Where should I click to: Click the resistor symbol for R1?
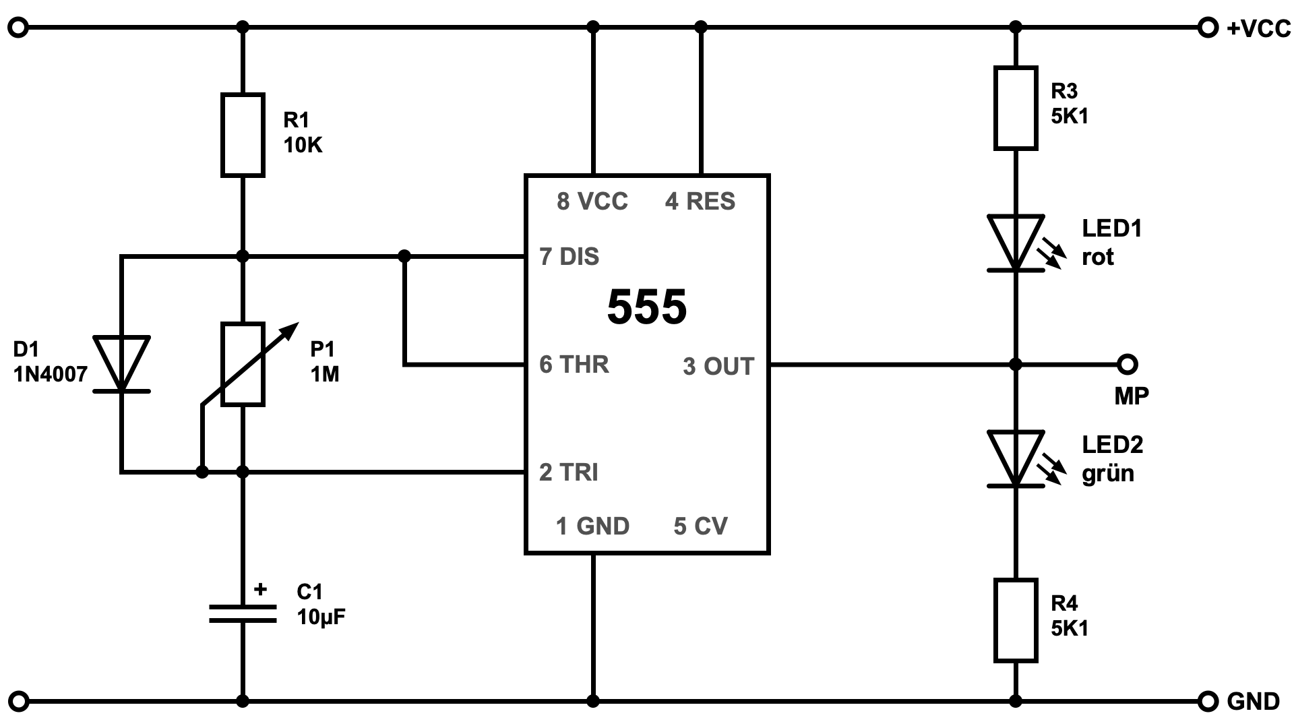243,135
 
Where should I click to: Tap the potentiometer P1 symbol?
243,365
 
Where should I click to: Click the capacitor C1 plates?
243,613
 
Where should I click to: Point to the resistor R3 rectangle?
1016,108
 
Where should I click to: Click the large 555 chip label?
647,307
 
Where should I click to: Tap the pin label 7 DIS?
569,257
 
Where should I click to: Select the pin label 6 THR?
574,365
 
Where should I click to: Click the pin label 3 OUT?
718,367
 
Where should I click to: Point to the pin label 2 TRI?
569,473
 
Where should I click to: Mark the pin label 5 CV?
700,526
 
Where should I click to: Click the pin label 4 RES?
700,202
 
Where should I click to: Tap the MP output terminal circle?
1127,364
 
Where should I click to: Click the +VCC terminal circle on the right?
1208,28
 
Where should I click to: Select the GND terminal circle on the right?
1208,702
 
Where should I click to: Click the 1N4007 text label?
51,375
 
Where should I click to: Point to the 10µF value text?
321,617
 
